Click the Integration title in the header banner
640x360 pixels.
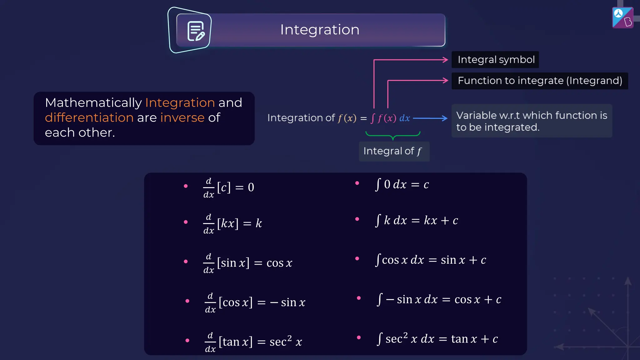pyautogui.click(x=320, y=30)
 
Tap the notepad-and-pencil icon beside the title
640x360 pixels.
pyautogui.click(x=196, y=31)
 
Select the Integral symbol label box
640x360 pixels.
pyautogui.click(x=496, y=60)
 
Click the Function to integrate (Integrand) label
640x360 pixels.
pyautogui.click(x=540, y=81)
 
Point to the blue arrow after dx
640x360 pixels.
pyautogui.click(x=430, y=118)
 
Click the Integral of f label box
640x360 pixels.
pyautogui.click(x=394, y=151)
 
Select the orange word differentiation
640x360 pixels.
pyautogui.click(x=89, y=117)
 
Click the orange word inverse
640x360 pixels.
pyautogui.click(x=182, y=117)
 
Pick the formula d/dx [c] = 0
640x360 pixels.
pyautogui.click(x=229, y=187)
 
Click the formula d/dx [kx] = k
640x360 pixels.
pyautogui.click(x=232, y=223)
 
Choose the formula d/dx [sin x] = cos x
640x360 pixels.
pyautogui.click(x=247, y=263)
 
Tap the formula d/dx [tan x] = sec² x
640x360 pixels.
pyautogui.click(x=253, y=342)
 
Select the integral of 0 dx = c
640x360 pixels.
pyautogui.click(x=402, y=184)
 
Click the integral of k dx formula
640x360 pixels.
pyautogui.click(x=416, y=220)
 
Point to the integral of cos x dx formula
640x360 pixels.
pyautogui.click(x=430, y=260)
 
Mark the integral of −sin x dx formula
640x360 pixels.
pyautogui.click(x=439, y=299)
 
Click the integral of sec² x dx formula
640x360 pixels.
pyautogui.click(x=437, y=339)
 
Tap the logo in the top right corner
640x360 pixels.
pyautogui.click(x=622, y=17)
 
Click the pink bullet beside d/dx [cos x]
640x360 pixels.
pyautogui.click(x=187, y=301)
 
